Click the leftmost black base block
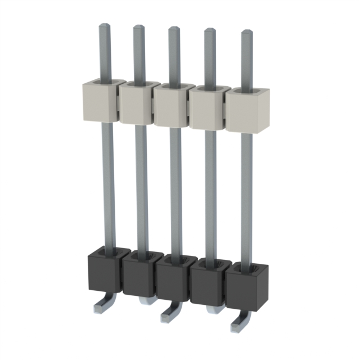[x=105, y=272]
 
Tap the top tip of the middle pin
[x=174, y=29]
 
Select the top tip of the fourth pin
[x=209, y=31]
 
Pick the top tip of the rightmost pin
[x=246, y=33]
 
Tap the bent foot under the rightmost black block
[x=239, y=323]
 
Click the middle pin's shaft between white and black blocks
[x=175, y=191]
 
